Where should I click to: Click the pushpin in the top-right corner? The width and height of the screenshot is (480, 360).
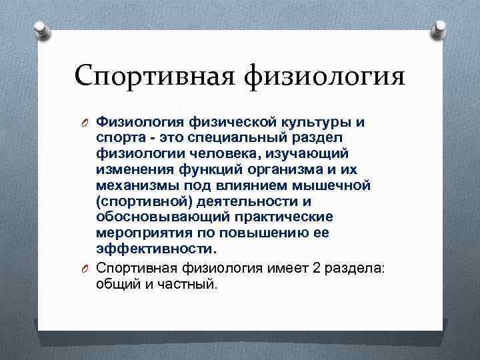coord(440,29)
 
